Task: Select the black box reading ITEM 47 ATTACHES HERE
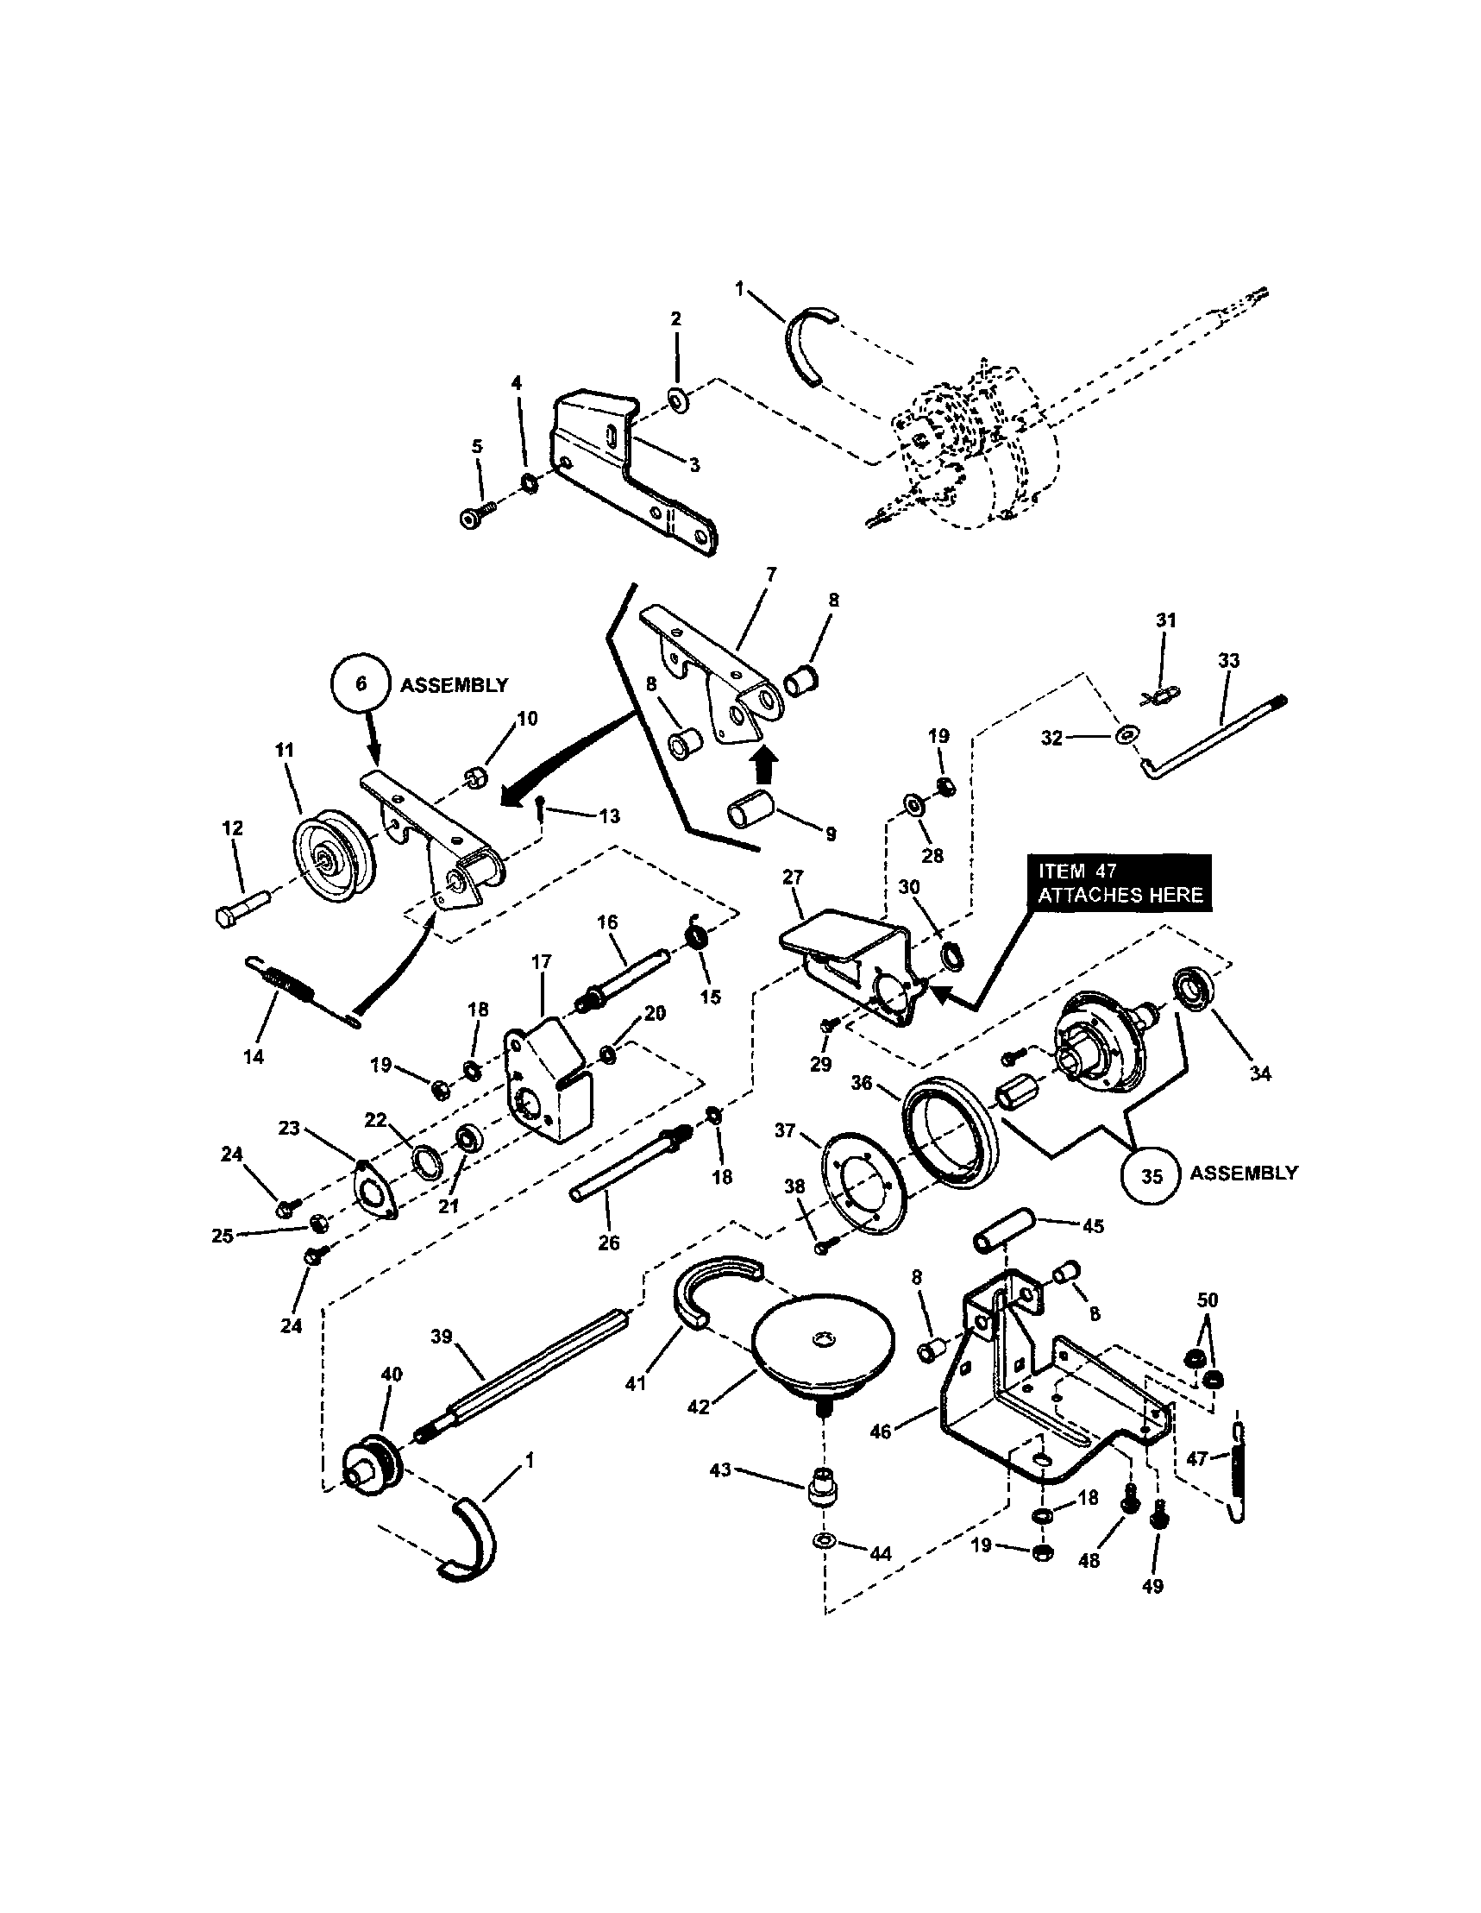(x=1120, y=883)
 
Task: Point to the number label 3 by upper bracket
(x=693, y=465)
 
